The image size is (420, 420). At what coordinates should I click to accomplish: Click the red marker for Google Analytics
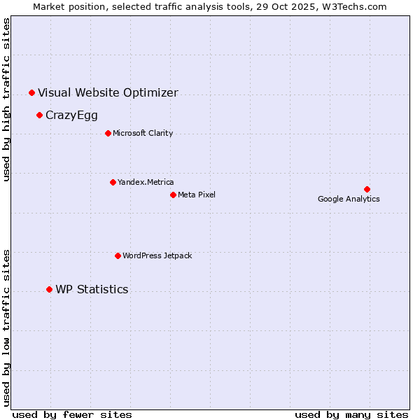click(367, 189)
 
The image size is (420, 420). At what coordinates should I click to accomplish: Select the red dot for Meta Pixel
click(173, 195)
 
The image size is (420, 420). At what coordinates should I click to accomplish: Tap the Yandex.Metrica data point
click(113, 182)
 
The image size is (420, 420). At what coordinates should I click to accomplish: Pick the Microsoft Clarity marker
click(108, 133)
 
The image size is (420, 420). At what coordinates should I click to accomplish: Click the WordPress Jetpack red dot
click(118, 255)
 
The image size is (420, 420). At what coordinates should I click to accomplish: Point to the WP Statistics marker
click(49, 289)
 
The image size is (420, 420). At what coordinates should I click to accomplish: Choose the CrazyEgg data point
click(39, 115)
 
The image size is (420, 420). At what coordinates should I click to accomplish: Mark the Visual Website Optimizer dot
click(31, 92)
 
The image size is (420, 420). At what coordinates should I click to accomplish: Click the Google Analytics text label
click(349, 199)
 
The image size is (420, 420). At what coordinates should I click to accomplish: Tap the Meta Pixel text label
click(197, 195)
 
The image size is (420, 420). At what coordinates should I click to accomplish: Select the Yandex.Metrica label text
click(146, 182)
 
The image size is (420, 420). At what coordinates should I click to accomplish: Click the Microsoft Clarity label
click(143, 133)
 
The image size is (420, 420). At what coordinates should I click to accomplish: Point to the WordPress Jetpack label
click(157, 255)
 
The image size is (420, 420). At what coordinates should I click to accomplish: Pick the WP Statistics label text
click(92, 289)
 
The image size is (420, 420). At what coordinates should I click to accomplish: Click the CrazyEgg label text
click(71, 115)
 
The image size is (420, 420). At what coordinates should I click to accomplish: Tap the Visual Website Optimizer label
click(108, 92)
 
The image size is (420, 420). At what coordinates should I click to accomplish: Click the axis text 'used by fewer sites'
click(72, 414)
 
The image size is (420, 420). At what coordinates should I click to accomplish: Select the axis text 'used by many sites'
click(351, 414)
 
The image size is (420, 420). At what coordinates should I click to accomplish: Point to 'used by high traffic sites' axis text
click(7, 99)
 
